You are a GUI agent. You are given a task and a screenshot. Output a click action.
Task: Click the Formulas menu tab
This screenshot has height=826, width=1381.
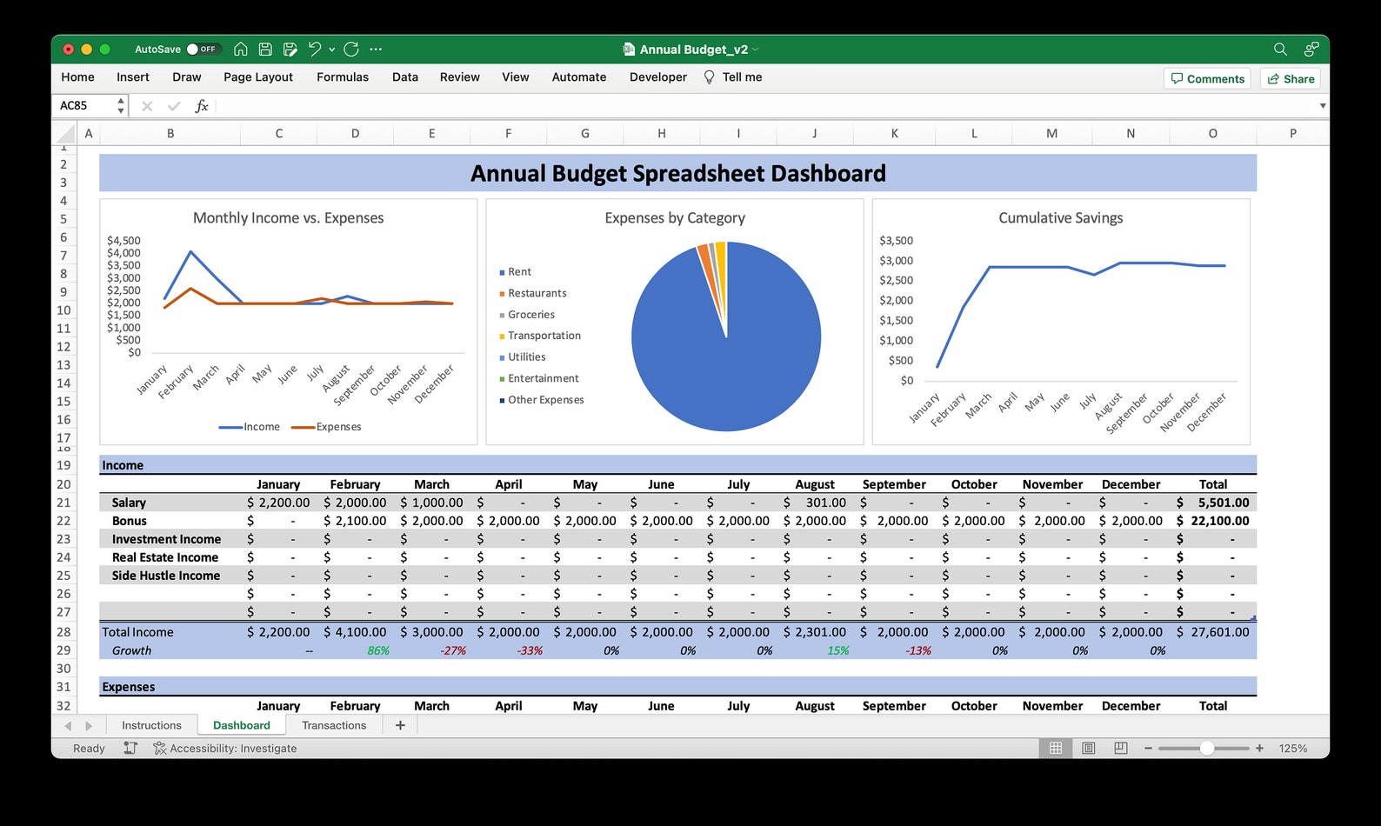tap(342, 77)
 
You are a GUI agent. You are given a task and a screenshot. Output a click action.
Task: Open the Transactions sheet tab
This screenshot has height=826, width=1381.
tap(334, 725)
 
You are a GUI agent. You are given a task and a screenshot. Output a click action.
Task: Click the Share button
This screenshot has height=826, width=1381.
tap(1291, 79)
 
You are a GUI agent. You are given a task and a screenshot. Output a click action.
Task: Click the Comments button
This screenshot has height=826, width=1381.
tap(1207, 79)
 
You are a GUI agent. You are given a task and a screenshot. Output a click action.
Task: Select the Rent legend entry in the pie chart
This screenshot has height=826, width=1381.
tap(519, 272)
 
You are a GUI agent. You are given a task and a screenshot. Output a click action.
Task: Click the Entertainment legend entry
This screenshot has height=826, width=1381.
tap(543, 379)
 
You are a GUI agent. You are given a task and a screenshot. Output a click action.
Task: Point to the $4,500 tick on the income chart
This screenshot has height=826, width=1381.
tap(123, 241)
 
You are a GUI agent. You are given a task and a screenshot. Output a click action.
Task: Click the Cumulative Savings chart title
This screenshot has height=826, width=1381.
tap(1060, 218)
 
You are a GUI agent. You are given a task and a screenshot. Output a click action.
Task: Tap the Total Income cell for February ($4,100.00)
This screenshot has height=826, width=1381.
tap(355, 632)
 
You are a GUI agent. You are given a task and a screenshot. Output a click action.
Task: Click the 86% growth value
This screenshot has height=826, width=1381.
tap(377, 650)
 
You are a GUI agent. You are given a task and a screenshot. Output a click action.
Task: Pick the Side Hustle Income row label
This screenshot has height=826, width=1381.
tap(165, 576)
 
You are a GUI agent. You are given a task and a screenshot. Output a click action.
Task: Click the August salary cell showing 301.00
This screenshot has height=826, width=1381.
tap(815, 503)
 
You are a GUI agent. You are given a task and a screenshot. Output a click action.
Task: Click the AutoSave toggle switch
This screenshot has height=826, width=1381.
tap(203, 50)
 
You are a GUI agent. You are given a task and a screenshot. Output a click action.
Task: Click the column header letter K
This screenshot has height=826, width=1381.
tap(894, 134)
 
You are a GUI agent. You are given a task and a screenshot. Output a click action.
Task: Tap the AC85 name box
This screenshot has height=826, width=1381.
tap(85, 105)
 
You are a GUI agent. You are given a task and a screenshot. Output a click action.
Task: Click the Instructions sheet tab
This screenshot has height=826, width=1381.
tap(151, 725)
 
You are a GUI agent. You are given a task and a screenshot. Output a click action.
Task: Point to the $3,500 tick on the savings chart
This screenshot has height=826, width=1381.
tap(896, 241)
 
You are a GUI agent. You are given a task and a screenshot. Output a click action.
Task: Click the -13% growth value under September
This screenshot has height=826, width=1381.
tap(918, 650)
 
